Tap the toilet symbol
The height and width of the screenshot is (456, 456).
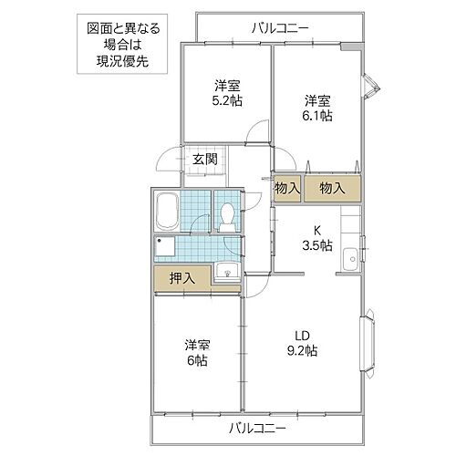226,215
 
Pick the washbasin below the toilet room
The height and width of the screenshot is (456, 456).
225,271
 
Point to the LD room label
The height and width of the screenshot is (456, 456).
302,334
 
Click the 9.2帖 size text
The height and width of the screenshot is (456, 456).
302,350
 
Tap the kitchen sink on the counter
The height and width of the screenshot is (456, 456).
349,263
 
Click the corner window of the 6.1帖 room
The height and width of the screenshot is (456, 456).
369,88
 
